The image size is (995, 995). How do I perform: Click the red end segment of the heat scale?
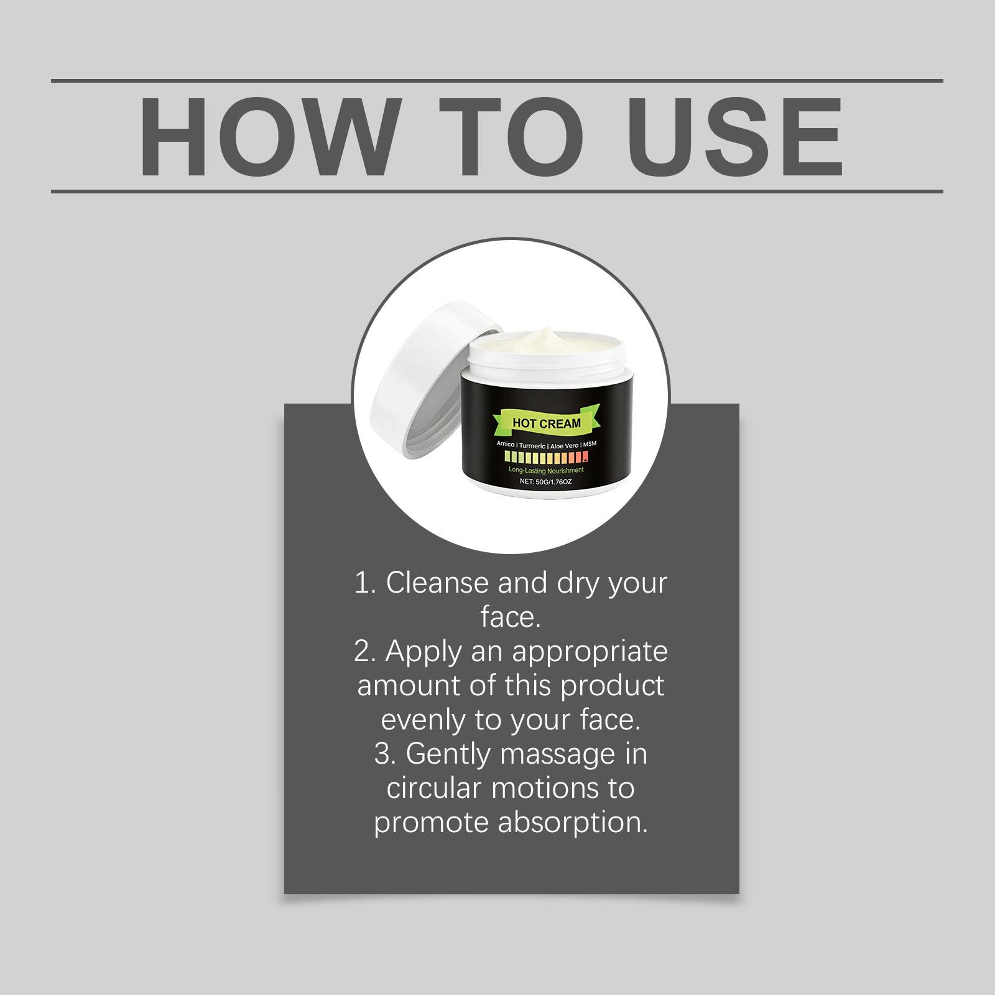tap(585, 458)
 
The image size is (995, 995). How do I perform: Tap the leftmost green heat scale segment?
tap(507, 458)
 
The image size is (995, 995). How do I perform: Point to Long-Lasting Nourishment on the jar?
tap(546, 470)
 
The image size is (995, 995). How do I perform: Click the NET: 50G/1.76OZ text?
tap(546, 481)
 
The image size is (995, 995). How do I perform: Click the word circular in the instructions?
tap(435, 789)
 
